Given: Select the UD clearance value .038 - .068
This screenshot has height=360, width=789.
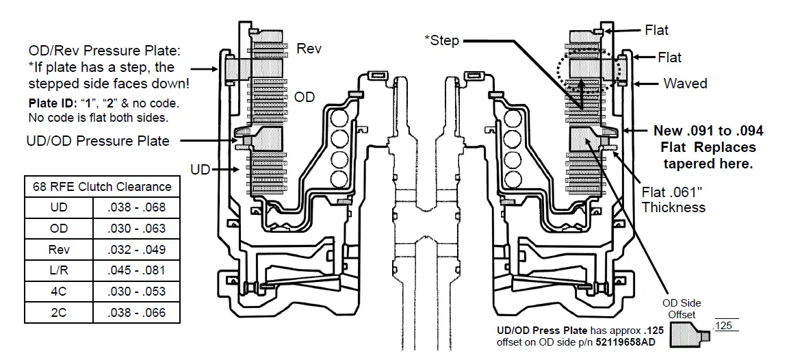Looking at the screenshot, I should pos(136,207).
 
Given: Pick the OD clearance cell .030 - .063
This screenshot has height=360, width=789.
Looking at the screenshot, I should pos(136,229).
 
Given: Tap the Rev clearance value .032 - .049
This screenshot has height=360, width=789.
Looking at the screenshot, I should pos(136,250).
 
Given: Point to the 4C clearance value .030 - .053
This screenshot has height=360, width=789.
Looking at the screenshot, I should pos(136,292).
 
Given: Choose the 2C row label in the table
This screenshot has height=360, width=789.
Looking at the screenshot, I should pos(59,313).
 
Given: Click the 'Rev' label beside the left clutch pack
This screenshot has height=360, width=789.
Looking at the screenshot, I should pos(309,49).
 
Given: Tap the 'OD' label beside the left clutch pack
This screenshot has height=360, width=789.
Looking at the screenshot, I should pos(305,97).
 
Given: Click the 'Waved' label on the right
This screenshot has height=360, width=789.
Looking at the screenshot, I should pos(685,83).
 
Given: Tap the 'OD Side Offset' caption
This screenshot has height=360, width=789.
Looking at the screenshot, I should pos(682,309).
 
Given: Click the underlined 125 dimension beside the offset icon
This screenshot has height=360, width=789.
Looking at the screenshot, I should pos(723,326).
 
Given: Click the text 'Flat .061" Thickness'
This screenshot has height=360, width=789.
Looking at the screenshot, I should pos(673,199).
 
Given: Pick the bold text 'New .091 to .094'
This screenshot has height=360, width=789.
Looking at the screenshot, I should pos(708,131).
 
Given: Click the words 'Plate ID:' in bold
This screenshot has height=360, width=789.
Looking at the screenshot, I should pos(53,104).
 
